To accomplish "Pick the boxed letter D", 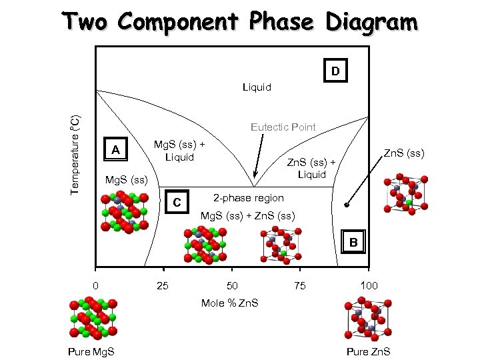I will click(x=336, y=70).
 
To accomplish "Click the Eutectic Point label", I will click(x=283, y=127).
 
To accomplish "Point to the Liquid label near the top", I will click(x=257, y=87).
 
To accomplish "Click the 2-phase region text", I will click(x=248, y=198).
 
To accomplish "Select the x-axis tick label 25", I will click(x=161, y=286).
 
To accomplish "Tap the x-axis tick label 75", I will click(x=301, y=286).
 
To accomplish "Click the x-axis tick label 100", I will click(x=369, y=286).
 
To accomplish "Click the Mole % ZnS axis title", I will click(x=230, y=303).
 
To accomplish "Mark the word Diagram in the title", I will click(x=372, y=21).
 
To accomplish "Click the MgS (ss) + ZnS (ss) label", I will click(x=245, y=217).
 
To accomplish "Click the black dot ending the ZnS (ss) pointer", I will click(x=346, y=205).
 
